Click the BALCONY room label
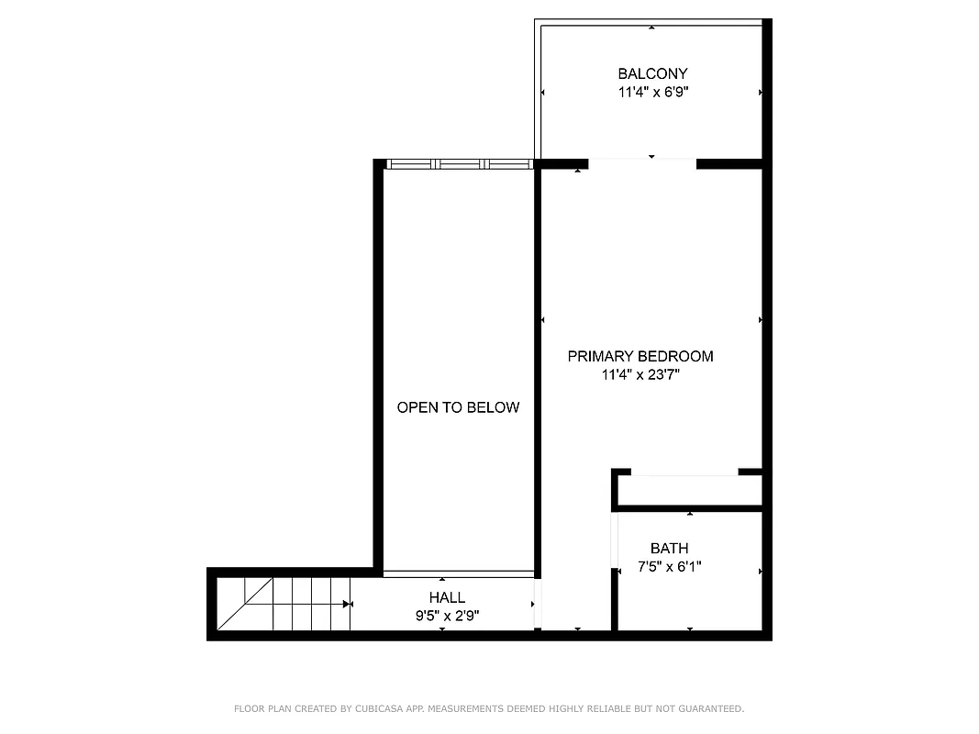coord(652,73)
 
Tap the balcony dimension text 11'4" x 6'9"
coord(652,92)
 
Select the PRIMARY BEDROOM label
coord(640,356)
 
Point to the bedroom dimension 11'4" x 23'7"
coord(640,374)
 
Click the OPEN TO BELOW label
coord(458,407)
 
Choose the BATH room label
coord(669,549)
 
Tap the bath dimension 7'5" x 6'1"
coord(670,567)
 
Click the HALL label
coord(447,597)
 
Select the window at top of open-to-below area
coord(459,164)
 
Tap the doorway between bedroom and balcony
coord(642,164)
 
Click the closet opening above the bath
coord(685,473)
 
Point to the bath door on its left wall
coord(615,541)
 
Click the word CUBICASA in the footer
coord(370,709)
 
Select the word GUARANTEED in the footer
coord(710,709)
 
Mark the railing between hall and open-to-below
coord(459,573)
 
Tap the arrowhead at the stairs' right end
coord(348,604)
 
